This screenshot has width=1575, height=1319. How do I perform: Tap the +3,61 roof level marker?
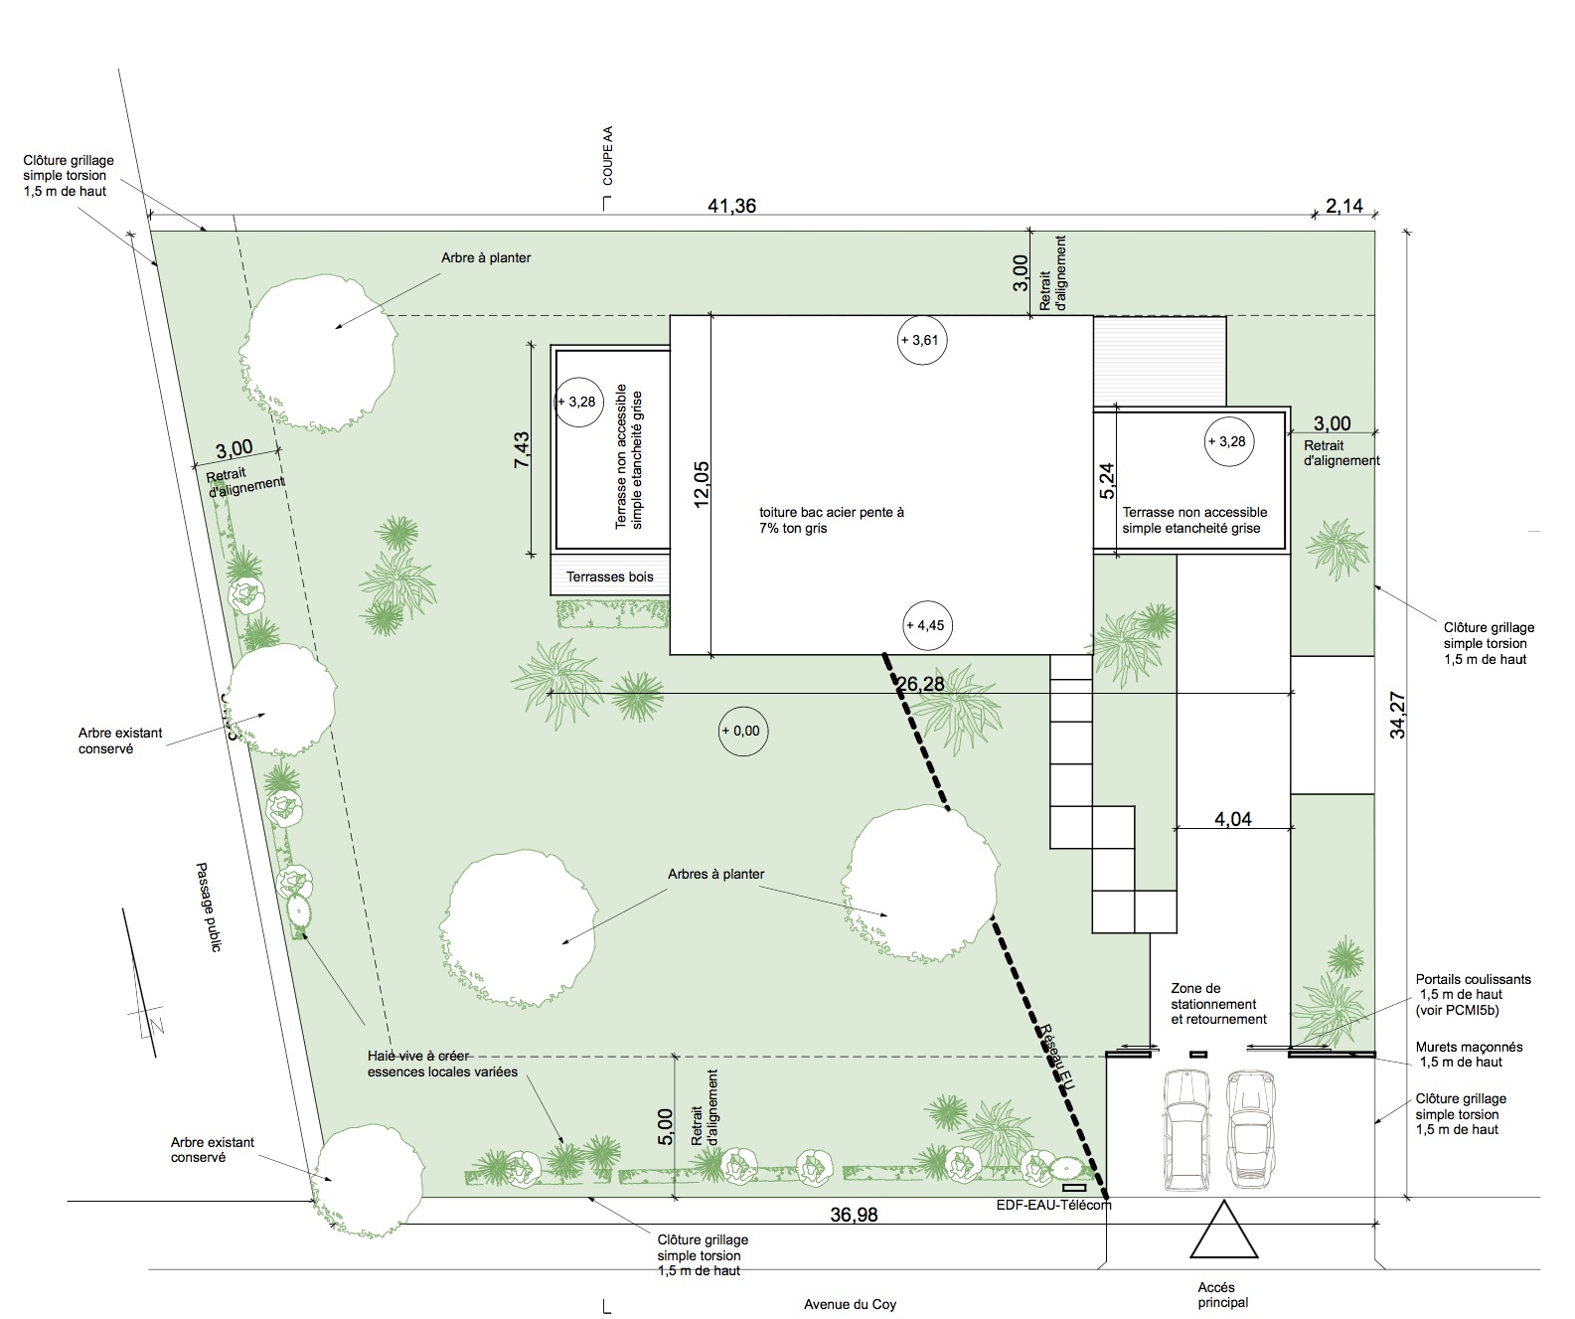(922, 340)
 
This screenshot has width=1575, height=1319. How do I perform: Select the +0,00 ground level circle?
(743, 732)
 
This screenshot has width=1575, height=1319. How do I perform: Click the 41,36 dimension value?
(731, 205)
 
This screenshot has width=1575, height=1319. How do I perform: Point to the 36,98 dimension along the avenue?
(854, 1215)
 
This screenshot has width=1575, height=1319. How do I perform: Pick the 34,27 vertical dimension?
(1397, 715)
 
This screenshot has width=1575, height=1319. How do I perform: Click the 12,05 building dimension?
(701, 484)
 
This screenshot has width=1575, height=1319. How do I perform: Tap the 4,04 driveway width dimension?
(1233, 819)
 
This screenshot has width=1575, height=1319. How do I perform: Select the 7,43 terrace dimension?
(522, 449)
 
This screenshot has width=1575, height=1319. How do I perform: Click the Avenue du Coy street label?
(851, 1304)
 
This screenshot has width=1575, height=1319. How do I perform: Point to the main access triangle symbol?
(1223, 1231)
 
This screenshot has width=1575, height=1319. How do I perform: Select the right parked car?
(1251, 1129)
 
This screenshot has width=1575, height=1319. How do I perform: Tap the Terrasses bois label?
(609, 577)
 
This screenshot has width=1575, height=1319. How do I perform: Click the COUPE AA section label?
(608, 155)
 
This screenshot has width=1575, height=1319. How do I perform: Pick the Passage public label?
(209, 907)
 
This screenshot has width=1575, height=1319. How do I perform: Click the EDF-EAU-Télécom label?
(1053, 1205)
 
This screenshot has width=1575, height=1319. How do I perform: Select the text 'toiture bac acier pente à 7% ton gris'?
(832, 520)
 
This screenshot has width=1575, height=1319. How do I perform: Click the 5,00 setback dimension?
(665, 1126)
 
